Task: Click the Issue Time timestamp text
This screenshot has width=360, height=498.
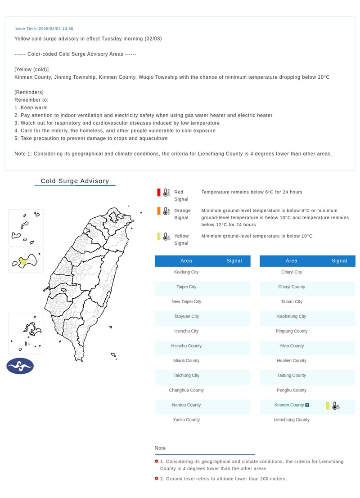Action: [44, 28]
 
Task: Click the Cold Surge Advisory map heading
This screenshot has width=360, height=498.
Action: [75, 181]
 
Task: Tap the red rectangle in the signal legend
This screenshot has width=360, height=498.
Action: [159, 193]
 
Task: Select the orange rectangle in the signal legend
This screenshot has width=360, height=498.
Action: [159, 211]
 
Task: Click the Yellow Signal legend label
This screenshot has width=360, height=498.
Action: [181, 239]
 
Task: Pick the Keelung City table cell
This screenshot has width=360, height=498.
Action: [186, 272]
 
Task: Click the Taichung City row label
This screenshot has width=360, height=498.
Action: [186, 375]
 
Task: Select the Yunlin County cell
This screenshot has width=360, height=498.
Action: [186, 420]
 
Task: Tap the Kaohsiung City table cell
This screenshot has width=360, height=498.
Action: [292, 316]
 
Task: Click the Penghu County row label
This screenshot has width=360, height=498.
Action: [292, 390]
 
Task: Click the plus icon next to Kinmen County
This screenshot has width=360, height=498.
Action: [307, 405]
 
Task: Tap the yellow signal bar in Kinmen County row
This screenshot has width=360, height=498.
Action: [328, 405]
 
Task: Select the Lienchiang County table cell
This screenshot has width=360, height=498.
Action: [292, 420]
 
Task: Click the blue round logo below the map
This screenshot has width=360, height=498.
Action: [20, 366]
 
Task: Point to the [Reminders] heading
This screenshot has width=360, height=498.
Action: [29, 92]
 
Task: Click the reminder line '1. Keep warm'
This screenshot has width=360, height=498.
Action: [31, 108]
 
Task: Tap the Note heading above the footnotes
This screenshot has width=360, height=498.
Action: [160, 448]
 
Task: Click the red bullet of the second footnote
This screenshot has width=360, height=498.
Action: [156, 479]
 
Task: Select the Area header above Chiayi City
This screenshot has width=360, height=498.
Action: [291, 261]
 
